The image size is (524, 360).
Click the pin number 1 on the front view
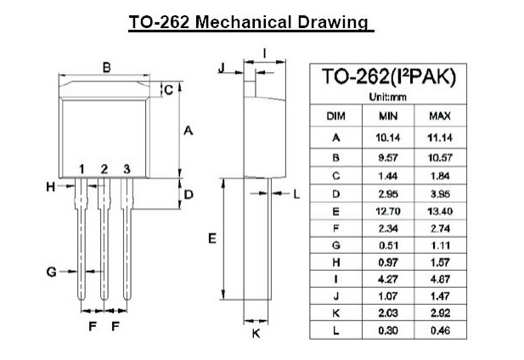point(82,169)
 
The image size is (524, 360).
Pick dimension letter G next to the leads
point(52,272)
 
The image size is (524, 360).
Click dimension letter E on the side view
point(212,239)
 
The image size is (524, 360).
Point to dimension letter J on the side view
point(220,67)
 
